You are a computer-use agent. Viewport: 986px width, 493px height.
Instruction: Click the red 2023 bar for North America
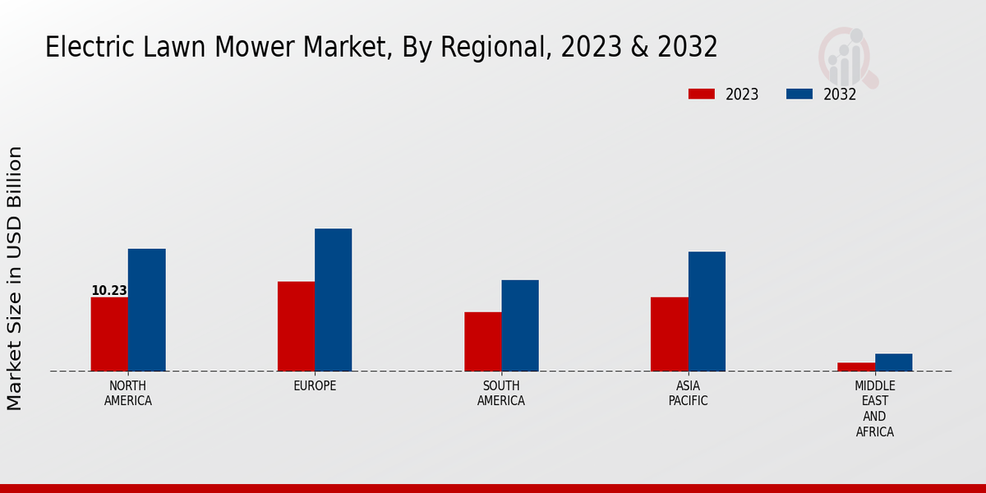109,334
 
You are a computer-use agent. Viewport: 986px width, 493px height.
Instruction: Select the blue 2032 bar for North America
146,310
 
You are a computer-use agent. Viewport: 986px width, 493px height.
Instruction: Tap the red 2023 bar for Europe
296,326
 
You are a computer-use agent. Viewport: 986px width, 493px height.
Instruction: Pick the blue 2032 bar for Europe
333,300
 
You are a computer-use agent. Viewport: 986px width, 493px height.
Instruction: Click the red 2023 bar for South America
482,341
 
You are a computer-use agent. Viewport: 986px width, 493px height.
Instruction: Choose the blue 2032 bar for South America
520,325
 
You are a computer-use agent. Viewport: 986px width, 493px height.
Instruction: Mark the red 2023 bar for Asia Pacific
669,334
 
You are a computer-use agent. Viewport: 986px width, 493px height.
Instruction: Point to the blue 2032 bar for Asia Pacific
707,311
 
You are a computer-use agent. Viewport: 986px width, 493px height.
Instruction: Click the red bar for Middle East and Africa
856,366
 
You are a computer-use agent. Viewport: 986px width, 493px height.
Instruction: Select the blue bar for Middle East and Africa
893,362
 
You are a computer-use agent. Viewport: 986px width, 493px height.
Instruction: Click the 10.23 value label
108,290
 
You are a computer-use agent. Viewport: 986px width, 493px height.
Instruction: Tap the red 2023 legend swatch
702,94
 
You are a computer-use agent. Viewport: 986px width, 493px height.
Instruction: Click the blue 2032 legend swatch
799,94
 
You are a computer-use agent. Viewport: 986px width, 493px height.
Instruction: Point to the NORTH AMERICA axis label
128,394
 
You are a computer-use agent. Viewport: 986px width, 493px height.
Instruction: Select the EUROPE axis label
315,386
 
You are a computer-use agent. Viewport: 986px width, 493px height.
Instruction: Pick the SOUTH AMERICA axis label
501,394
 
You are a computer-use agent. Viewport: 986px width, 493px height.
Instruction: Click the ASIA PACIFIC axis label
688,394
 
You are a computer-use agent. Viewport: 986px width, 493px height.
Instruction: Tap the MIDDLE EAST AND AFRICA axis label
875,408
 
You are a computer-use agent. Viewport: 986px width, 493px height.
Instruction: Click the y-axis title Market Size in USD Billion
15,278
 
